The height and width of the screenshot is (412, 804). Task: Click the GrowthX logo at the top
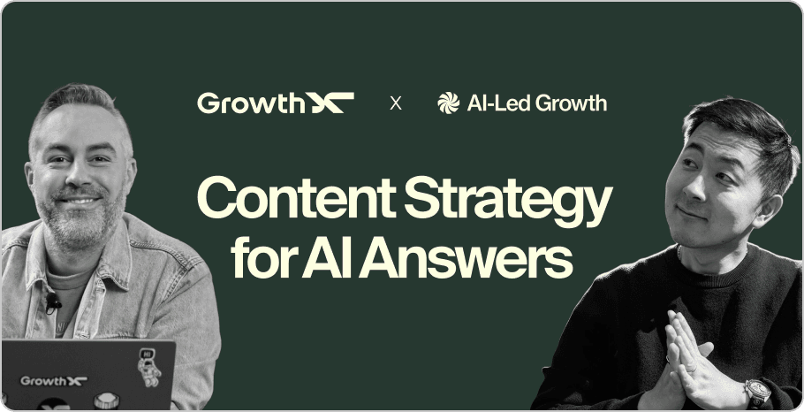275,103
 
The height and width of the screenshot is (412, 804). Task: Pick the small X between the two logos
396,103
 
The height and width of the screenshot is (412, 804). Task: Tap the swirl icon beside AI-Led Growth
448,103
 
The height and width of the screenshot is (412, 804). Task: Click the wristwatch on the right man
757,390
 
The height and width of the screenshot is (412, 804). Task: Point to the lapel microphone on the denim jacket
52,303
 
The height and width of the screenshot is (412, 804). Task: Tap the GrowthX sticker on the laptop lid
54,380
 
